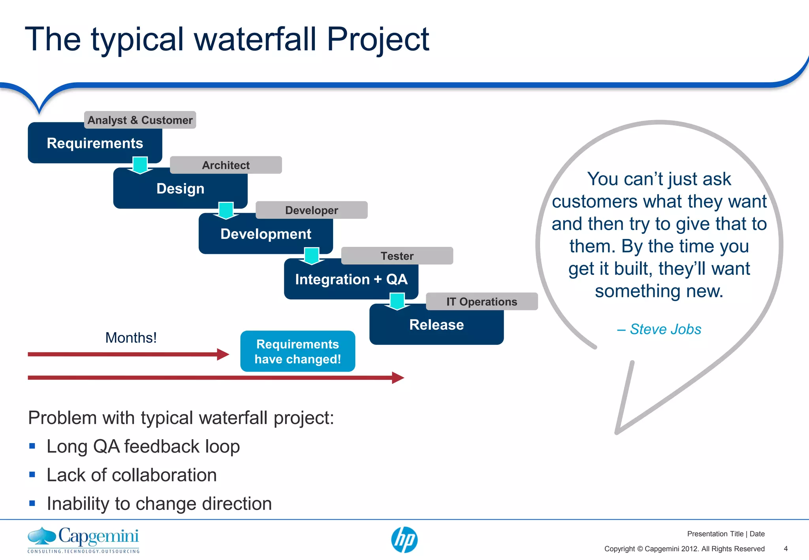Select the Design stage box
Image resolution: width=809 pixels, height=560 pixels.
click(180, 189)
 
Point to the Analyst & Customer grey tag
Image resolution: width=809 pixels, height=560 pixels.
click(140, 120)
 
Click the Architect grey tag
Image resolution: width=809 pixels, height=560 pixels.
click(226, 165)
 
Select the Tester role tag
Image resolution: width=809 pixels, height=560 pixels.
click(397, 256)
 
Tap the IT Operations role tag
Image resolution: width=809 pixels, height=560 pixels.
click(482, 302)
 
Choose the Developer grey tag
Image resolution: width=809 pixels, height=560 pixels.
click(311, 210)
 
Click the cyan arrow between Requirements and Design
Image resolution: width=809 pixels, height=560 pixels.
click(140, 165)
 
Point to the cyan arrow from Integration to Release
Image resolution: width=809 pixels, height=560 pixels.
click(397, 301)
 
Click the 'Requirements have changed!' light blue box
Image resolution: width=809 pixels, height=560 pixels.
click(297, 351)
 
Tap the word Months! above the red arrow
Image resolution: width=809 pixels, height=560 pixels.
click(131, 338)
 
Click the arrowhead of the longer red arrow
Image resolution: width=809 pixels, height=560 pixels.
click(398, 378)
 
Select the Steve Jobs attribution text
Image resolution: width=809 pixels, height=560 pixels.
click(659, 329)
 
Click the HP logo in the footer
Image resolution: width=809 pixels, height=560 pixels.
click(404, 540)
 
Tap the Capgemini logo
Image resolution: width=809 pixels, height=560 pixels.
click(83, 539)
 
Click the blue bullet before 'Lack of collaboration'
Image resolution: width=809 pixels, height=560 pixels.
click(32, 475)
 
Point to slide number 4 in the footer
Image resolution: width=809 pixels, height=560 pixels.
click(785, 549)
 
